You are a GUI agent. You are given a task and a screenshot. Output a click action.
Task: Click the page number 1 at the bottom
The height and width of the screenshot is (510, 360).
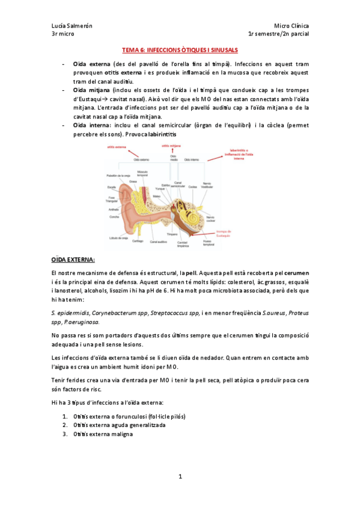click(180, 476)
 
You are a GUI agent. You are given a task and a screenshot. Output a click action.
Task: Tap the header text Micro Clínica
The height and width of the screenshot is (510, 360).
click(291, 26)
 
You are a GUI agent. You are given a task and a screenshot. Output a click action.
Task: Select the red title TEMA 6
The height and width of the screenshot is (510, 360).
click(180, 51)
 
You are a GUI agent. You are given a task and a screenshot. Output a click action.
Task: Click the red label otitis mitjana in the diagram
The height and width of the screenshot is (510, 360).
click(170, 146)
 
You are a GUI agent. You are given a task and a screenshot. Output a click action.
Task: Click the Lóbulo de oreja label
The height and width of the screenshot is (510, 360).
click(119, 238)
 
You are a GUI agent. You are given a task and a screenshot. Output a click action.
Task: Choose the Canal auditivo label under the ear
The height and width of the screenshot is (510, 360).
click(158, 242)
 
